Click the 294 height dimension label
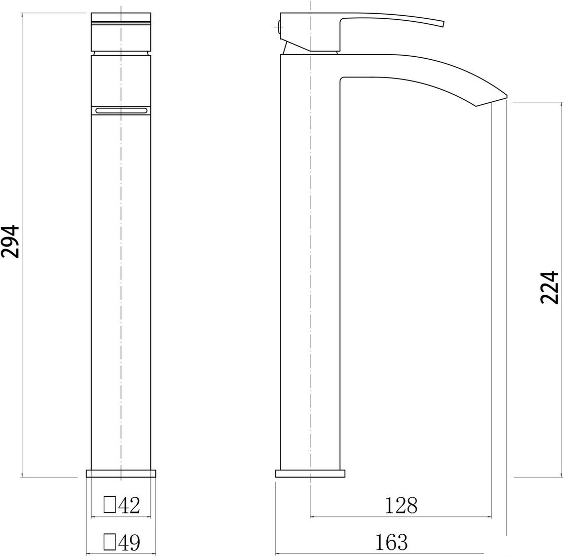click(10, 242)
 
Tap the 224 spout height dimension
click(549, 287)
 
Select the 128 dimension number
click(401, 505)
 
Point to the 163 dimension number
click(391, 542)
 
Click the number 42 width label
click(129, 505)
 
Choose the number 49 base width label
click(129, 542)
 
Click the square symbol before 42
click(109, 505)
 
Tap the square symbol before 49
click(109, 542)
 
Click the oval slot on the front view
click(120, 110)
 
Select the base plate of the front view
click(121, 473)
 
